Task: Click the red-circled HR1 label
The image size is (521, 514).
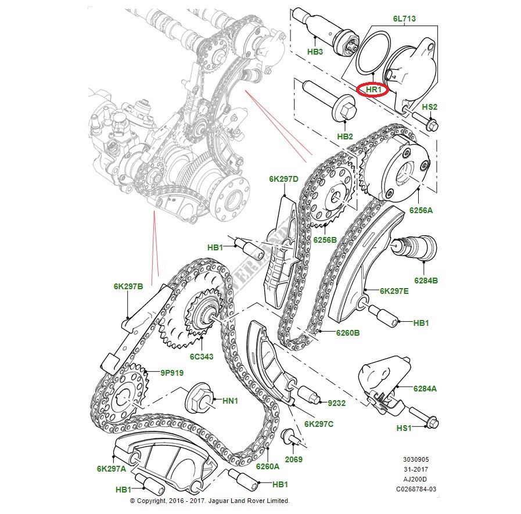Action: (x=372, y=90)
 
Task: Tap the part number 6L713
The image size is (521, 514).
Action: (x=404, y=19)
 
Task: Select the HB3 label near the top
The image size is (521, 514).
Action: (x=315, y=51)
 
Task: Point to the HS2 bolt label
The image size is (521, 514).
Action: (x=429, y=107)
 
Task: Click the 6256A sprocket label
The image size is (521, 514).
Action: (x=422, y=210)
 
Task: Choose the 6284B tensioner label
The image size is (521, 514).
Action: (x=426, y=281)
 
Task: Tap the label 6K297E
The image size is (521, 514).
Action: (x=394, y=291)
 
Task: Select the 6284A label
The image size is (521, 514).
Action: (x=425, y=389)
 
